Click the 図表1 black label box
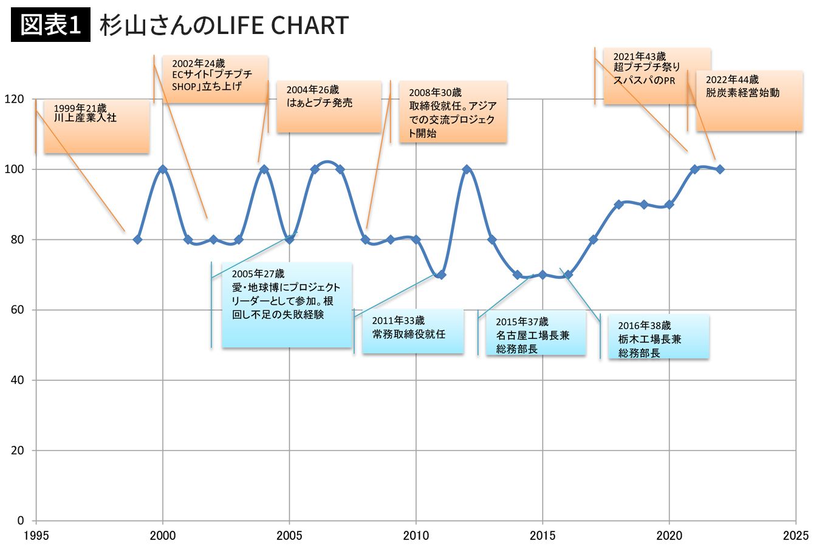pos(50,24)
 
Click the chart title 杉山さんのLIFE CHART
pos(224,25)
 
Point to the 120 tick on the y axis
pos(14,99)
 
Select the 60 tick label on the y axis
pos(17,310)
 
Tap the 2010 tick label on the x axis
pos(416,535)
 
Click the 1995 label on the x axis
pos(36,535)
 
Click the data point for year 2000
pos(163,169)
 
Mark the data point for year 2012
pos(467,169)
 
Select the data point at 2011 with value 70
pos(441,274)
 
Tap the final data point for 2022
pos(720,169)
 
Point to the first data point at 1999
pos(137,239)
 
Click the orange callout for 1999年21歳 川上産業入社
pos(97,126)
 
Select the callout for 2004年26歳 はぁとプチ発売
pos(329,106)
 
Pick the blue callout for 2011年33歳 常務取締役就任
pos(413,331)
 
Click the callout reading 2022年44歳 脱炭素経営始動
pos(750,101)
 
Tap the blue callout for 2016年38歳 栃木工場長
pos(658,336)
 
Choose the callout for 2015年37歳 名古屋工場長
pos(536,332)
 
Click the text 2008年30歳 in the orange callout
pos(435,93)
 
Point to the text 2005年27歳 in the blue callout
pos(258,274)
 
